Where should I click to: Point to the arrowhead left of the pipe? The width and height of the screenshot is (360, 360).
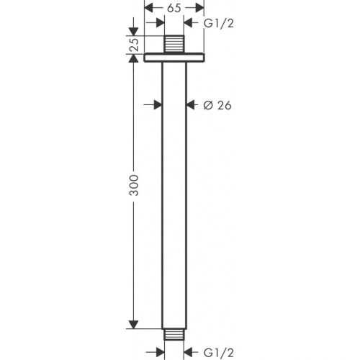pos(156,104)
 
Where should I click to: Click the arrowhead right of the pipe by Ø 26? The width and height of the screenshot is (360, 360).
pos(192,104)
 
